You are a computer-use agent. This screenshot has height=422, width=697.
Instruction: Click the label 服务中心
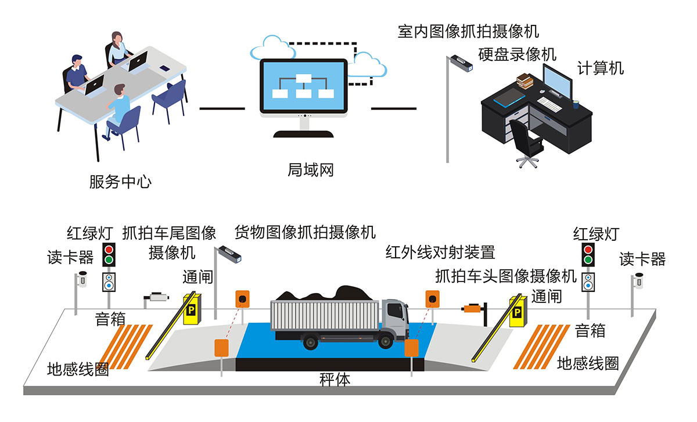[x=120, y=182]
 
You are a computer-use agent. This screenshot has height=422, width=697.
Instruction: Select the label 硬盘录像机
[x=517, y=55]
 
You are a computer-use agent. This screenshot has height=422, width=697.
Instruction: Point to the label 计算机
[x=601, y=68]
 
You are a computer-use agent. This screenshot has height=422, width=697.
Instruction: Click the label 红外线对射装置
[x=440, y=253]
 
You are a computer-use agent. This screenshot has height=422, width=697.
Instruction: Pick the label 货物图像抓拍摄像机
[x=304, y=233]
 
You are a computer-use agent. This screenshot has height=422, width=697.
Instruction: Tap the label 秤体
[x=335, y=380]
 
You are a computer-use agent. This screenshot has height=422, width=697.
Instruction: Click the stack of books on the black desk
[x=524, y=81]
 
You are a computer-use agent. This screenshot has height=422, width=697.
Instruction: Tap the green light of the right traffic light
[x=588, y=259]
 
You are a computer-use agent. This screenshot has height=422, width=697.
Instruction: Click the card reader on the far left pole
[x=82, y=279]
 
